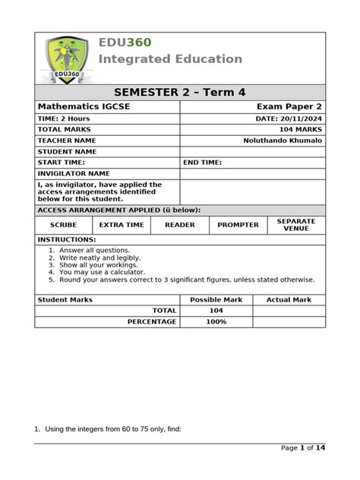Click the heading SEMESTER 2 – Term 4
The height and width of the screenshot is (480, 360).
(180, 93)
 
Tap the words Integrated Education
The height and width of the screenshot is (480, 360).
(170, 59)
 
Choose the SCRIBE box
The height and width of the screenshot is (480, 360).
(64, 225)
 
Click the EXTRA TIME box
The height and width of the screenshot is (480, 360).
(122, 225)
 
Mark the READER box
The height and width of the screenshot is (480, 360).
(180, 225)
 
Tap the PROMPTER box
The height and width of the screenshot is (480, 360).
(238, 225)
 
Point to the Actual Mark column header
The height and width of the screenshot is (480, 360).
(289, 300)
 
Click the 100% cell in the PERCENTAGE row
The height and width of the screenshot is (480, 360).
(216, 322)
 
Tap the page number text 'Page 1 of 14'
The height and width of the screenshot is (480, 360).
(303, 448)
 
